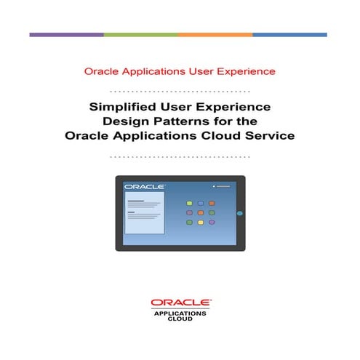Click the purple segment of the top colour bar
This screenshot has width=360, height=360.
pyautogui.click(x=66, y=34)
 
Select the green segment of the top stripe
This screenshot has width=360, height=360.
pyautogui.click(x=140, y=34)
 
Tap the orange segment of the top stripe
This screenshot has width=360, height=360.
pyautogui.click(x=215, y=34)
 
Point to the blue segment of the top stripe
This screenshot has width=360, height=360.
pyautogui.click(x=289, y=34)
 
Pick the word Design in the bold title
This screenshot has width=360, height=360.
pyautogui.click(x=125, y=121)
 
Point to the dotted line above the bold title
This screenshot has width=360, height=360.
pyautogui.click(x=180, y=92)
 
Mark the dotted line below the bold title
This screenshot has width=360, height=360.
pyautogui.click(x=180, y=156)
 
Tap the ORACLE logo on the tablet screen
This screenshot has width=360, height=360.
pyautogui.click(x=145, y=188)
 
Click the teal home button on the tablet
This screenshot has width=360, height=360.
pyautogui.click(x=239, y=214)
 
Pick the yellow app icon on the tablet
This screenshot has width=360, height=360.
pyautogui.click(x=189, y=222)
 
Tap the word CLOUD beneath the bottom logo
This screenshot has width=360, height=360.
pyautogui.click(x=180, y=319)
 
